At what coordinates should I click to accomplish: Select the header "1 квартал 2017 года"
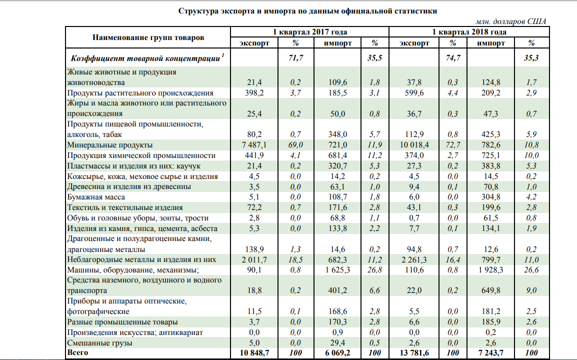(309, 32)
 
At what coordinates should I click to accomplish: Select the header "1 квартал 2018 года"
(469, 32)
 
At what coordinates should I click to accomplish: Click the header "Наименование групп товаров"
(148, 37)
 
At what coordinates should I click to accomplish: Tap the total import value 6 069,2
(337, 353)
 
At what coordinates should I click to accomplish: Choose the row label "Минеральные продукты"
(109, 145)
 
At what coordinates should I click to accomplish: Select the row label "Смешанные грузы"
(98, 343)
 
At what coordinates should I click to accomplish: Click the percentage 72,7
(453, 145)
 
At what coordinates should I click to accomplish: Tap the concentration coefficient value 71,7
(296, 58)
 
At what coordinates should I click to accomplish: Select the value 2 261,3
(415, 259)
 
